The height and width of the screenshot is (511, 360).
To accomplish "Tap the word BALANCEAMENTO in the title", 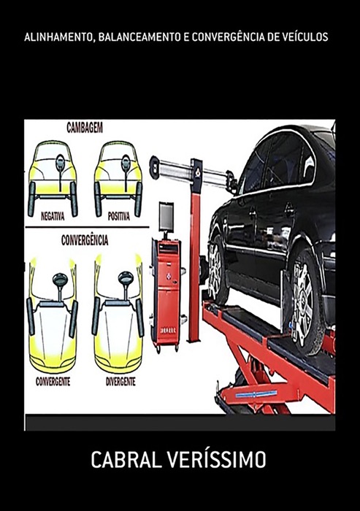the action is click(139, 37).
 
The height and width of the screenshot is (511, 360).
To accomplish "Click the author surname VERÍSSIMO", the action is click(217, 460).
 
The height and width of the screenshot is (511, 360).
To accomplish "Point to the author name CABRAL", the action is click(126, 460).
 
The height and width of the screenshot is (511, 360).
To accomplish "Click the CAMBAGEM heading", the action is click(85, 128).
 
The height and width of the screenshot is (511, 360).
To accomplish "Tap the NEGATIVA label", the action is click(53, 216).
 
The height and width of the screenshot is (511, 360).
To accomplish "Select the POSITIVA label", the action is click(119, 216).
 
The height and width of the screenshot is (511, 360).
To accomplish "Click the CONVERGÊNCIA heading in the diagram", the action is click(85, 240).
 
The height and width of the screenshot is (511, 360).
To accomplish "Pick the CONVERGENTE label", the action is click(53, 382).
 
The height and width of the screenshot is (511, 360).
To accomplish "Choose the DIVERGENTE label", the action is click(120, 382).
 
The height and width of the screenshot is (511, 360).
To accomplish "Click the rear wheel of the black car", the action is click(217, 270).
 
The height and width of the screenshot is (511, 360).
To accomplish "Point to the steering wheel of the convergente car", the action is click(61, 280).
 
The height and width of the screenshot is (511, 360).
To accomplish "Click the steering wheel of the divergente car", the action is click(126, 278).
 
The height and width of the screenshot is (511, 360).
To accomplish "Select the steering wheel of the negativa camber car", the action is click(60, 163).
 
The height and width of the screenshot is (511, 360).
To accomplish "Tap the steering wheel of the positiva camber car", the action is click(126, 163).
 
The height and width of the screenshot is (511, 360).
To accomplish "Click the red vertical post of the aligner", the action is click(195, 261).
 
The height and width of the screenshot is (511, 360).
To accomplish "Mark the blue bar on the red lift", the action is click(256, 395).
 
